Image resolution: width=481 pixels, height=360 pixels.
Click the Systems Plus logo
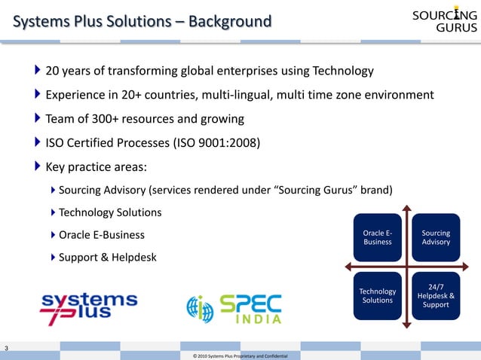88,307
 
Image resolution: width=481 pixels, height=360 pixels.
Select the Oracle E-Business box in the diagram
377,237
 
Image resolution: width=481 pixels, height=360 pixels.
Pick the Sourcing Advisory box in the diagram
436,237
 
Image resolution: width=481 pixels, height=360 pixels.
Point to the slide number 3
7,347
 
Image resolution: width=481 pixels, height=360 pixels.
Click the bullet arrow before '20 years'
38,72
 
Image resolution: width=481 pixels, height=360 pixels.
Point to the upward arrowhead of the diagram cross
406,207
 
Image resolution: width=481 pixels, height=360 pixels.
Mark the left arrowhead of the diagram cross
346,266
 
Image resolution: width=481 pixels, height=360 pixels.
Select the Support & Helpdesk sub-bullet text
108,257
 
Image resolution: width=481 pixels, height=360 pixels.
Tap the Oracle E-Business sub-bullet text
102,234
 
